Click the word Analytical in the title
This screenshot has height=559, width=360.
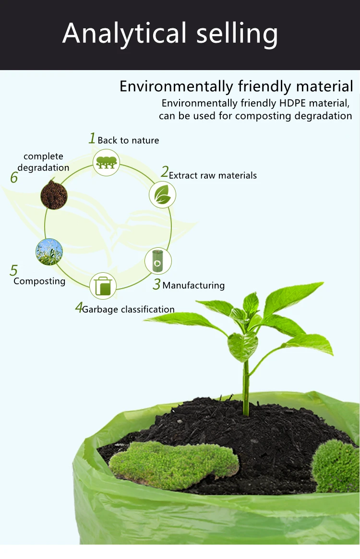[x=124, y=34]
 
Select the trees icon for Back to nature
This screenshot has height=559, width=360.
[x=106, y=162]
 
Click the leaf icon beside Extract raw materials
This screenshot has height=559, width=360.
[x=162, y=194]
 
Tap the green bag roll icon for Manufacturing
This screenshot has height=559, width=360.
[x=158, y=261]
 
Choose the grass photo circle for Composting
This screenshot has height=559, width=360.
[x=49, y=252]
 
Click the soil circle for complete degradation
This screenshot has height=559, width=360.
[x=54, y=194]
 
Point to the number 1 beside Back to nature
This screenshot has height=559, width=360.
[x=92, y=139]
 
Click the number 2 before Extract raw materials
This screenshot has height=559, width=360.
[x=165, y=172]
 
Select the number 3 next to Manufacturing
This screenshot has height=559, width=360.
[x=156, y=285]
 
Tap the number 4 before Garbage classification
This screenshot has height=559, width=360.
[x=79, y=308]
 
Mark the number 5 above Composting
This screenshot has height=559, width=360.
[x=13, y=271]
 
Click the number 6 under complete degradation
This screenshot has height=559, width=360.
[x=14, y=178]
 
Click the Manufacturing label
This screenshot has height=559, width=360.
[x=193, y=285]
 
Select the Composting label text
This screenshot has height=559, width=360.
[x=39, y=281]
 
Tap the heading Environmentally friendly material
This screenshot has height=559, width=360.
[x=236, y=86]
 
